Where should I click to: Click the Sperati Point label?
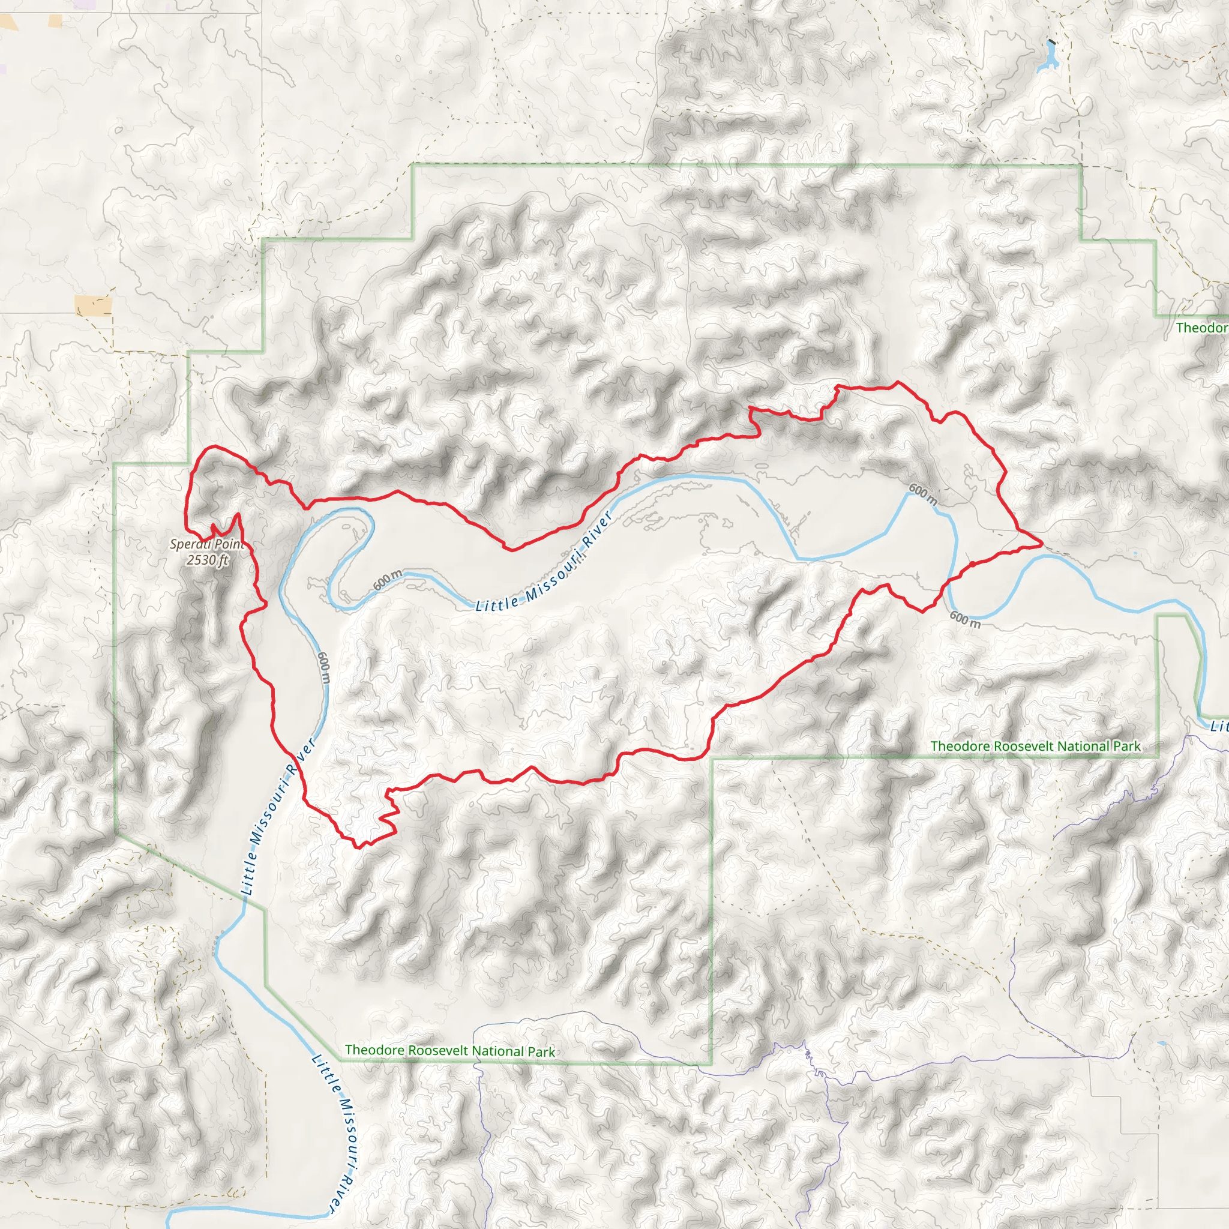click(207, 544)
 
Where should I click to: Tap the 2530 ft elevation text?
click(207, 560)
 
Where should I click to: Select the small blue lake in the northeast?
click(1047, 61)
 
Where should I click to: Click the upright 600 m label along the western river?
click(324, 667)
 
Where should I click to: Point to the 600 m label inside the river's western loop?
click(388, 580)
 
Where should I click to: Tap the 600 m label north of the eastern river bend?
click(922, 494)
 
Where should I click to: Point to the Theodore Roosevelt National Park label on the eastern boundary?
click(1035, 745)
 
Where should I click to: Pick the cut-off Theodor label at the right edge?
click(1201, 328)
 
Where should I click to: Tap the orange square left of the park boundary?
click(93, 305)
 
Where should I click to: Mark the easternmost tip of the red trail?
click(1041, 544)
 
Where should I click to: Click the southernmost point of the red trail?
click(358, 847)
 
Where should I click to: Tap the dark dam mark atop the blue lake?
click(1051, 43)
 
